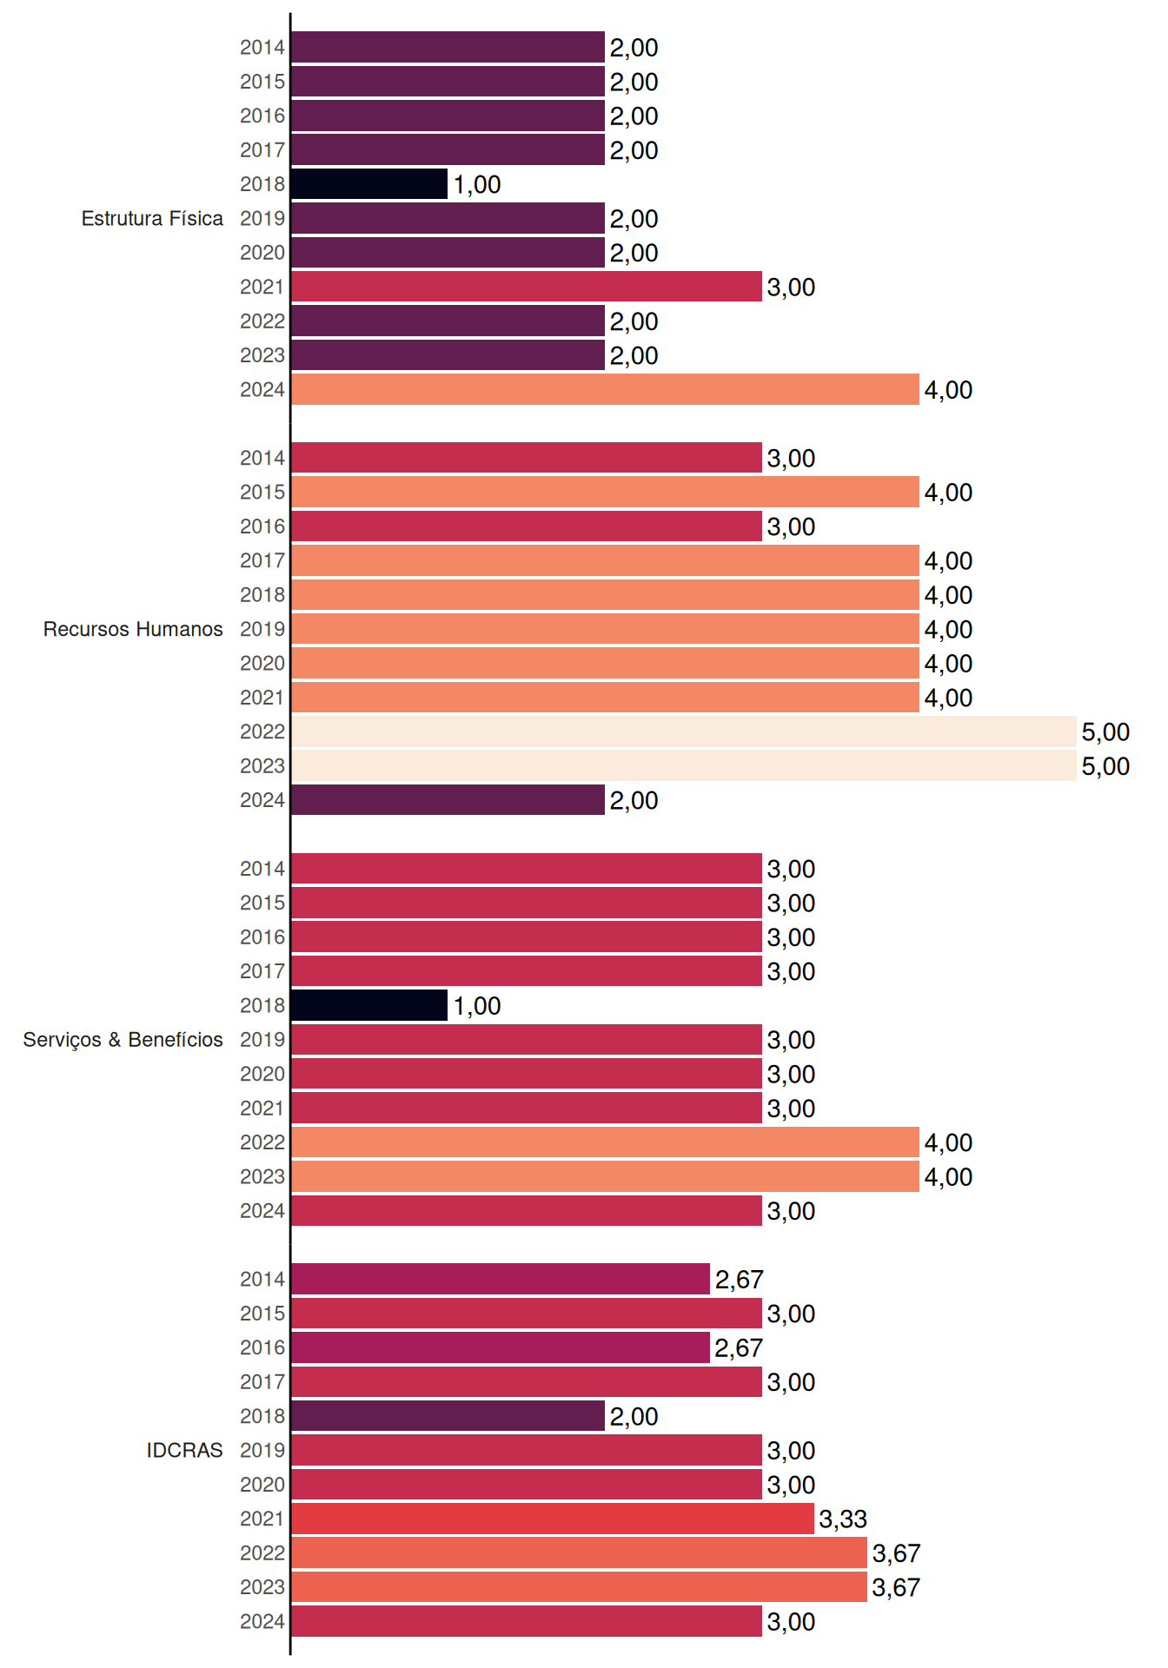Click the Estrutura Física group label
pyautogui.click(x=152, y=218)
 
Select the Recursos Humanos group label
pyautogui.click(x=133, y=629)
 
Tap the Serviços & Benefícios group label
pyautogui.click(x=123, y=1040)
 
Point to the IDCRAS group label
pyautogui.click(x=184, y=1450)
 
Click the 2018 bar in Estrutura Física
pyautogui.click(x=369, y=184)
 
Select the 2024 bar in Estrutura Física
pyautogui.click(x=605, y=389)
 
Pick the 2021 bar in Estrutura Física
pyautogui.click(x=527, y=287)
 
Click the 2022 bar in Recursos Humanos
pyautogui.click(x=684, y=731)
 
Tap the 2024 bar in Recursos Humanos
pyautogui.click(x=448, y=800)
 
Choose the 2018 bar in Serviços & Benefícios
pyautogui.click(x=369, y=1005)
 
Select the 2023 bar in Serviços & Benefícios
pyautogui.click(x=605, y=1176)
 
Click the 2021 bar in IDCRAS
pyautogui.click(x=553, y=1519)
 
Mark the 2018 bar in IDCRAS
pyautogui.click(x=448, y=1416)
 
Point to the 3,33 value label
pyautogui.click(x=843, y=1519)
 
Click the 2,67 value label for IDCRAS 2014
pyautogui.click(x=739, y=1280)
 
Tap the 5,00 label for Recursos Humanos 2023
pyautogui.click(x=1105, y=766)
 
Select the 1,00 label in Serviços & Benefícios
pyautogui.click(x=477, y=1006)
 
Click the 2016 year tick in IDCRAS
pyautogui.click(x=262, y=1347)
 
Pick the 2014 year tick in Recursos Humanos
pyautogui.click(x=262, y=458)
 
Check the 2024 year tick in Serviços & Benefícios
pyautogui.click(x=262, y=1211)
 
